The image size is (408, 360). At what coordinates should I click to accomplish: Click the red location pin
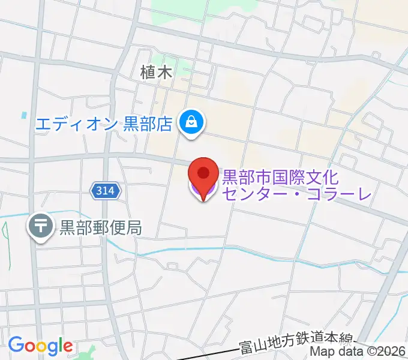[203, 175]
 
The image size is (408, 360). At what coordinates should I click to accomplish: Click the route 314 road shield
[106, 191]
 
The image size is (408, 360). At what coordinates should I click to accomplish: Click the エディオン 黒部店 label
[104, 124]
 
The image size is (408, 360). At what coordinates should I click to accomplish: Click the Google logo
[40, 346]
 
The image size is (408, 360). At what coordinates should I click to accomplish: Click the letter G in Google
[16, 345]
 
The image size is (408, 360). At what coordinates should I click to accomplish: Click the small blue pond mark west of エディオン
[24, 114]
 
